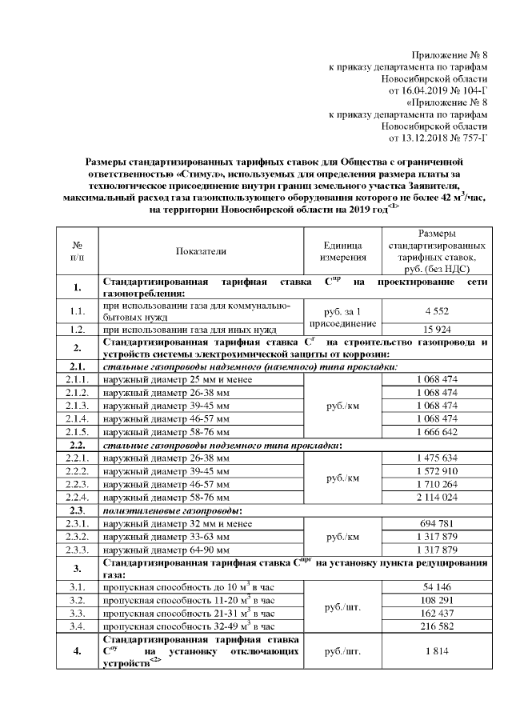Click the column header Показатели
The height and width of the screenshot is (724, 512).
201,250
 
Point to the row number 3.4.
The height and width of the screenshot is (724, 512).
78,626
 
